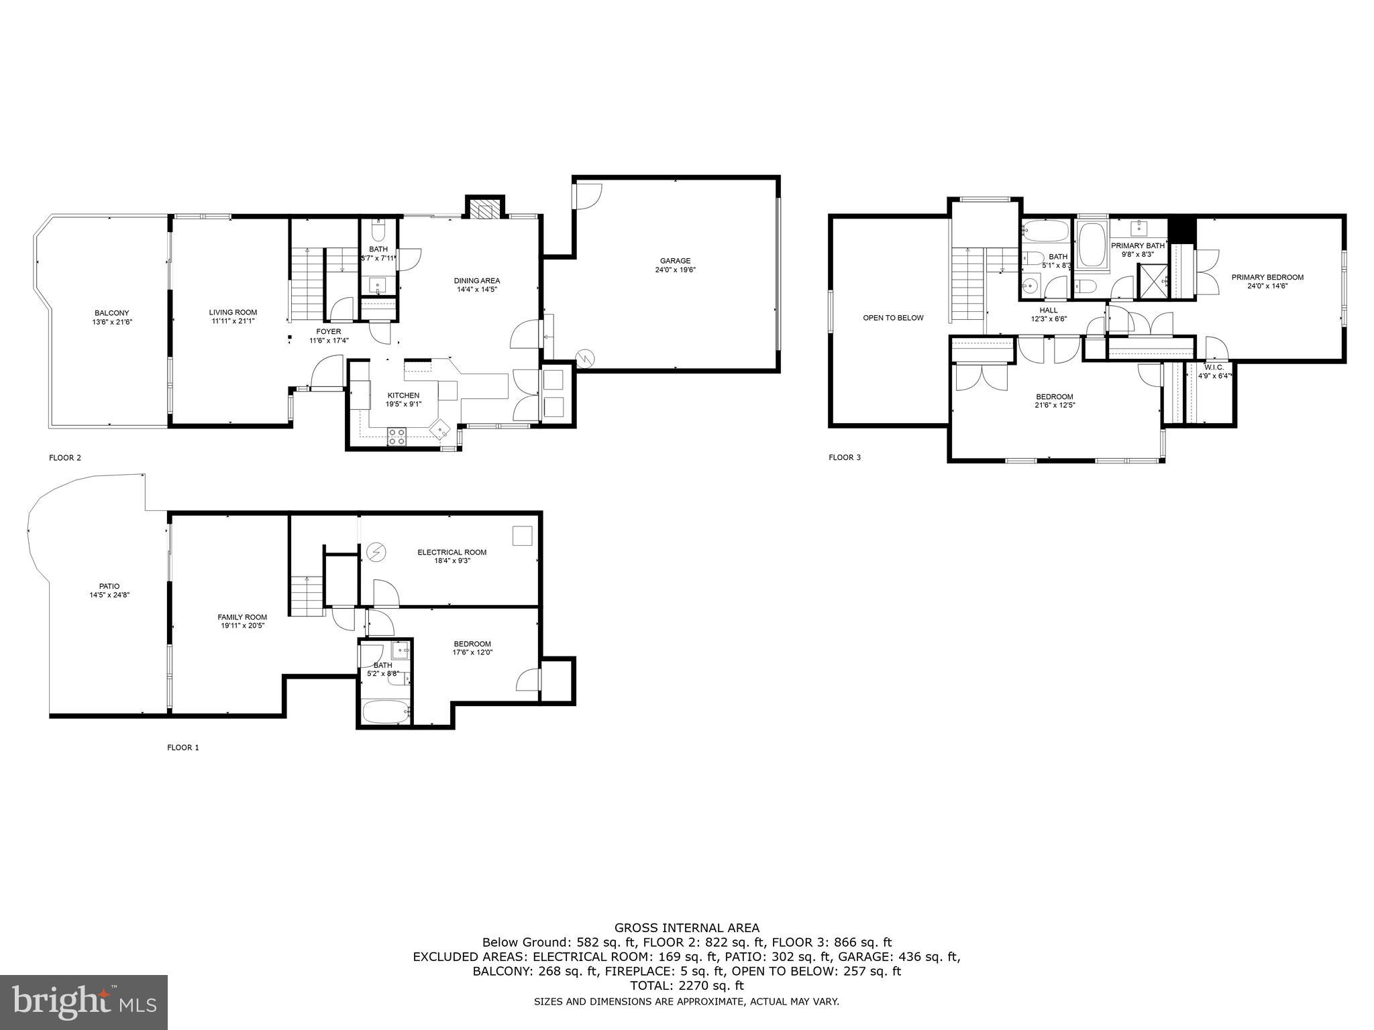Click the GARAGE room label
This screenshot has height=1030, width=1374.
[x=675, y=261]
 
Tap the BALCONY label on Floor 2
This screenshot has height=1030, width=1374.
[x=111, y=312]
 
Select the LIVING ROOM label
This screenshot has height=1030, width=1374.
[x=233, y=312]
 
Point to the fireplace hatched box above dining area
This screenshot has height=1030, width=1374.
[x=484, y=211]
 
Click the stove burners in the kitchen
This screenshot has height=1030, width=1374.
[x=397, y=437]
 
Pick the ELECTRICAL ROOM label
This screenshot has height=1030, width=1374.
[x=452, y=552]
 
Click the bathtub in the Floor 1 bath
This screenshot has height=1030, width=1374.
[x=385, y=712]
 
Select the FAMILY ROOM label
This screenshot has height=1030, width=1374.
[x=242, y=617]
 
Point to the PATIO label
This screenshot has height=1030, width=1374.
[x=109, y=586]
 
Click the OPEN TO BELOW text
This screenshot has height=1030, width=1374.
[x=893, y=318]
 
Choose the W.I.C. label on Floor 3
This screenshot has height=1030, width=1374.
[x=1214, y=367]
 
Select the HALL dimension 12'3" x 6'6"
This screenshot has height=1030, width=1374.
[x=1049, y=319]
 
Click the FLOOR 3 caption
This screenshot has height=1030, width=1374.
[x=844, y=457]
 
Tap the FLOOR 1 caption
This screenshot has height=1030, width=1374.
[x=182, y=747]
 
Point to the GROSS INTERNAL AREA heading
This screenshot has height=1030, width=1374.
[x=687, y=928]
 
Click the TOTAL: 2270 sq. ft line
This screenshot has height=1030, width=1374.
[x=687, y=986]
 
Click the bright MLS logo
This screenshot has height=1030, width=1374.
[x=84, y=1002]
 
